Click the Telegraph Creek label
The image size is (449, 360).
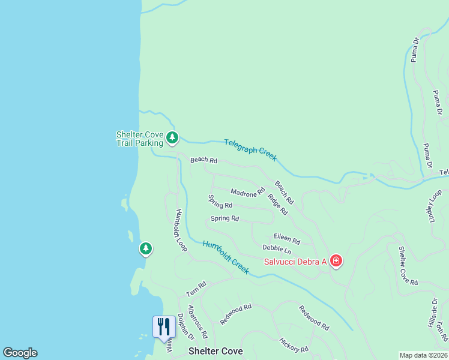coord(250,149)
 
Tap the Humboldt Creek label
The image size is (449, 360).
coord(225,257)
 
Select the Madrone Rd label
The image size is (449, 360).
coord(247,192)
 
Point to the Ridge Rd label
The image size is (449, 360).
coord(278,205)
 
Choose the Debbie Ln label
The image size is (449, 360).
coord(277,248)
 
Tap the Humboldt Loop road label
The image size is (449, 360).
coord(181,230)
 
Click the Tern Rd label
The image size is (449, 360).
coord(196,289)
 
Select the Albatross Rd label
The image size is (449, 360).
coord(197,322)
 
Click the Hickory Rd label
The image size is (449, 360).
coord(294,345)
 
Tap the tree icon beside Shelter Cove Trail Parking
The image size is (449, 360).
coord(173,138)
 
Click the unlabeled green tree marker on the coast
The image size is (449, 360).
coord(145,248)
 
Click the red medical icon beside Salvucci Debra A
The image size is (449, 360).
coord(336,260)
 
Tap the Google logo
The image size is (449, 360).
coord(20,353)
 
